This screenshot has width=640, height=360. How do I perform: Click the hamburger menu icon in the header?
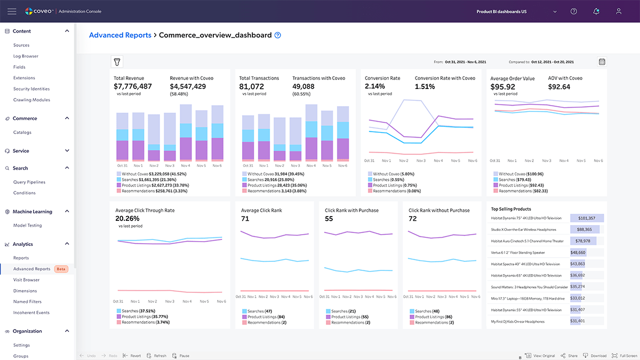(12, 11)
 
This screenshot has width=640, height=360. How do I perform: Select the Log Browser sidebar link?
(26, 56)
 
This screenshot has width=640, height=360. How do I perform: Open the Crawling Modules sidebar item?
(31, 100)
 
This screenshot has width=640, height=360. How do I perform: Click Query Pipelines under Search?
(29, 182)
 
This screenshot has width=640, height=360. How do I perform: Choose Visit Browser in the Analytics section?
(27, 280)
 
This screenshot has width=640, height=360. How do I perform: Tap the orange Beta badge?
(62, 269)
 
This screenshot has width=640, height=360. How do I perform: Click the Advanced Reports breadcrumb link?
(119, 35)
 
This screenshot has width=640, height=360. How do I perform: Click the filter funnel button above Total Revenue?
(117, 62)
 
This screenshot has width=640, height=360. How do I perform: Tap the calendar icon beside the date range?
(602, 62)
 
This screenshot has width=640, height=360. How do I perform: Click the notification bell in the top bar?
(596, 11)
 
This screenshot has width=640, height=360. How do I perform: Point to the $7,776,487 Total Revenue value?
(133, 86)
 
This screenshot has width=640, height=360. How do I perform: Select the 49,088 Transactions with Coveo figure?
(303, 86)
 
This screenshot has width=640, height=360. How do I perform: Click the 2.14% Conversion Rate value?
(375, 86)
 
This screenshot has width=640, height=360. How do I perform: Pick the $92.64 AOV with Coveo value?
(559, 86)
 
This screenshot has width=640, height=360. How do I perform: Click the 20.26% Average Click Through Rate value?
(127, 219)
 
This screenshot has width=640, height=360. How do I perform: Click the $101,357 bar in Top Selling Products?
(586, 218)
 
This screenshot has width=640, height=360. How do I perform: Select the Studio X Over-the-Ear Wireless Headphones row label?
(524, 230)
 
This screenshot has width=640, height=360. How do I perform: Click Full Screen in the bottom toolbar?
(624, 356)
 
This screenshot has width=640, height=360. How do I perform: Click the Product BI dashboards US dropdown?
(516, 11)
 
